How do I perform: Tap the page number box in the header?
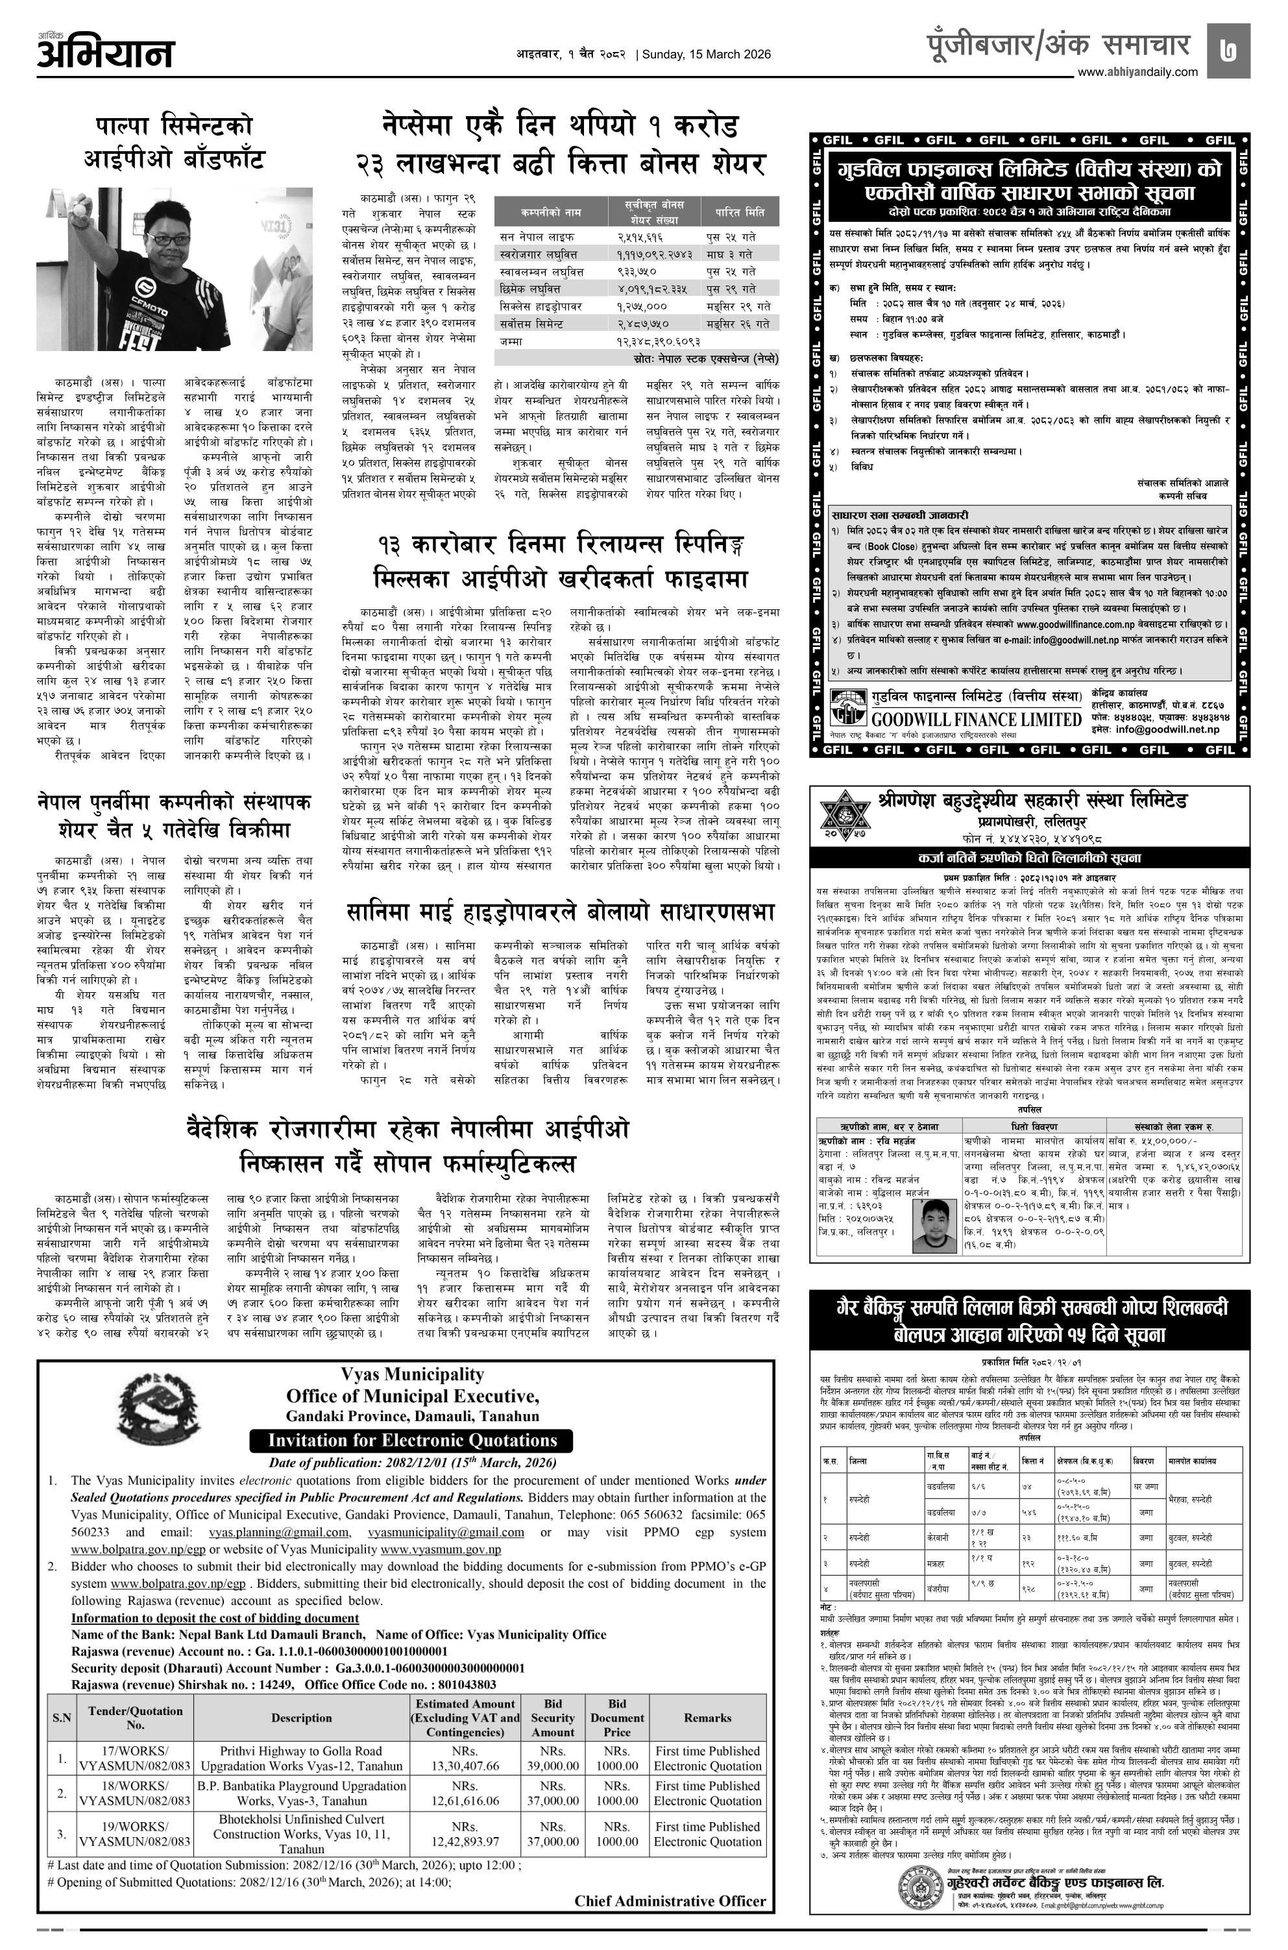click(1229, 47)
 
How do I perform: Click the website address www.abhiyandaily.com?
click(1137, 72)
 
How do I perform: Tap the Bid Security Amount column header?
click(553, 1718)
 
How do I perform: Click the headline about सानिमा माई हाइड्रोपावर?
click(561, 912)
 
